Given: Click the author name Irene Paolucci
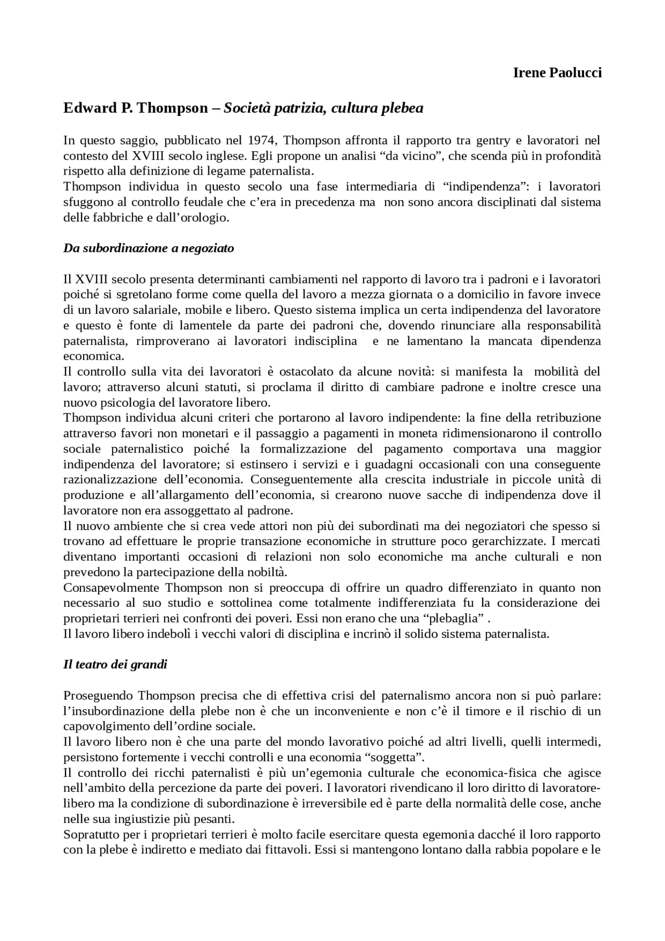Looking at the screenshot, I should [x=557, y=73].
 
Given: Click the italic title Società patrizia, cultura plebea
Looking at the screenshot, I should [x=323, y=108].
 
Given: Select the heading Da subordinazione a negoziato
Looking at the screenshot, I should [x=149, y=248].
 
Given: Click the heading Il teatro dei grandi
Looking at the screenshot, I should [x=115, y=664].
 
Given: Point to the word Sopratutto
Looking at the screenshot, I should [x=89, y=834].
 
